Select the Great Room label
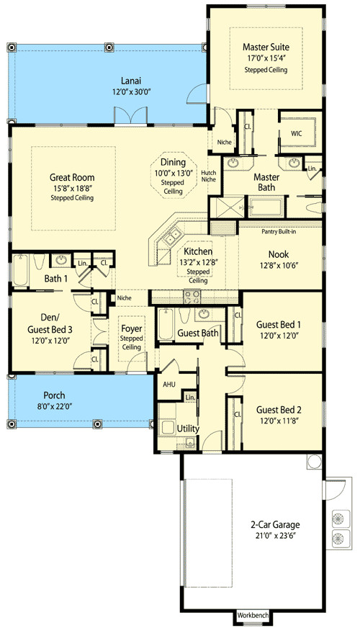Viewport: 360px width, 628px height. tap(72, 177)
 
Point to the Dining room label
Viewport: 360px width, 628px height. tap(172, 163)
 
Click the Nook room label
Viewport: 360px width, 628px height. tap(278, 254)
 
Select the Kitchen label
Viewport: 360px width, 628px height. tap(198, 251)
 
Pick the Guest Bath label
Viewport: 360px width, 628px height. tap(198, 333)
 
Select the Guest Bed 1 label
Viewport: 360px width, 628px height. tap(277, 324)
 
